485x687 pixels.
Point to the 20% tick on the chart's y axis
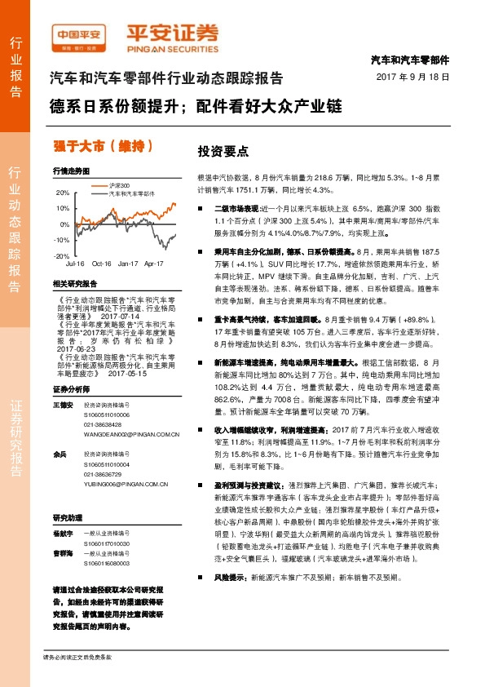[x=63, y=193]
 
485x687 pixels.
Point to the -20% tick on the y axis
[x=62, y=255]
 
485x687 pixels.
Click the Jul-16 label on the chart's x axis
[x=76, y=264]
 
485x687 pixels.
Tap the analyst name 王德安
[x=63, y=383]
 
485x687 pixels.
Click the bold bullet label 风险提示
[x=230, y=599]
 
